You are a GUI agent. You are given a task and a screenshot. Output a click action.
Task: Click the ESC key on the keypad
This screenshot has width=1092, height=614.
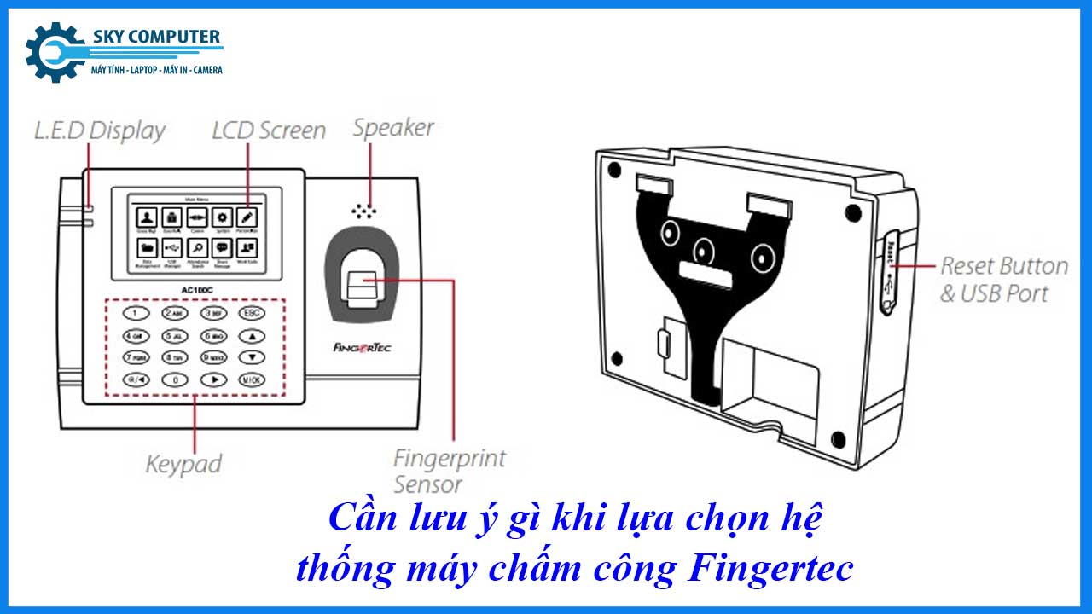251,313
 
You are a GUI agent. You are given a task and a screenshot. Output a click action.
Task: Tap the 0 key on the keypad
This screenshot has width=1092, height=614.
175,380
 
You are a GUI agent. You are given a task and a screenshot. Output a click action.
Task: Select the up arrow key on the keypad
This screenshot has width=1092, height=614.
251,336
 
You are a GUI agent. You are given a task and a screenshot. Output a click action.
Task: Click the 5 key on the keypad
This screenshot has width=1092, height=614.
175,336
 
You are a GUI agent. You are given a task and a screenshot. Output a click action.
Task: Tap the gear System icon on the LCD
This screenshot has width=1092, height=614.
222,217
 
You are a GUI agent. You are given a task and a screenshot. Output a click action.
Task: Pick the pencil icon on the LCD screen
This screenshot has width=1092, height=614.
247,217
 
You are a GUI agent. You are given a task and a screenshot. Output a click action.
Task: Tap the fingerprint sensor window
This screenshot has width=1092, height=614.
363,281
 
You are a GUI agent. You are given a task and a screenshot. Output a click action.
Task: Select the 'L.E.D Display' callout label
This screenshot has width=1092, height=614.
99,131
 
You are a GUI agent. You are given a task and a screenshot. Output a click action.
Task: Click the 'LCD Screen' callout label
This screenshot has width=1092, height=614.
269,130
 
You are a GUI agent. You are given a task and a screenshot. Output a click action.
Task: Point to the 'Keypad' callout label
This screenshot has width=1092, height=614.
183,465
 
